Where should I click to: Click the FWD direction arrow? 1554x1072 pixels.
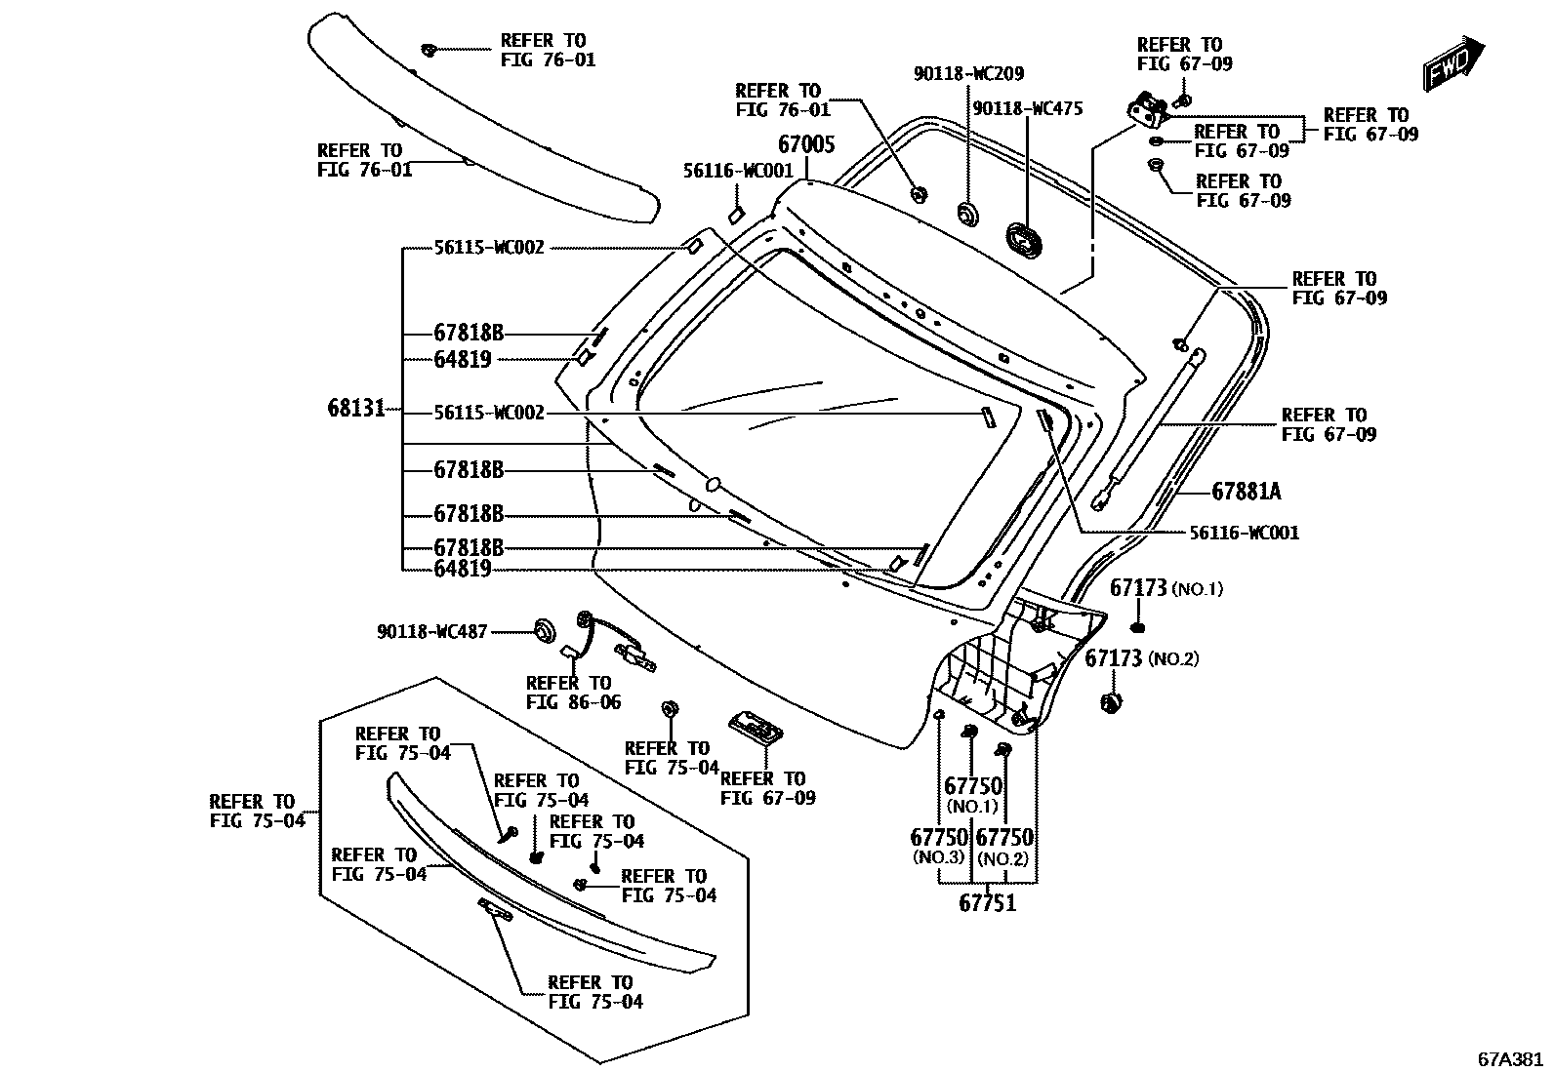point(1452,64)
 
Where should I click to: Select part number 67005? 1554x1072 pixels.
point(806,145)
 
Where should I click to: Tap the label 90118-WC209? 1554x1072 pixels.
point(968,74)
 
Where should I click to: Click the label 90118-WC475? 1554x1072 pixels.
point(1027,109)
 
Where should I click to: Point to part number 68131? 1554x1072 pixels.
point(357,408)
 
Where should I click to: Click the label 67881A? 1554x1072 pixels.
point(1247,492)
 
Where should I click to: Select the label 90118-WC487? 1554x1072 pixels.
point(431,632)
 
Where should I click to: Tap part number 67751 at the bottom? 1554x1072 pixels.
point(987,903)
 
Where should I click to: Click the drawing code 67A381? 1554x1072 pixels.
point(1509,1058)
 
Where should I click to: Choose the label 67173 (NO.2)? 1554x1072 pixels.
point(1141,658)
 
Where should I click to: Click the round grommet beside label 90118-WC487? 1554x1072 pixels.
point(543,629)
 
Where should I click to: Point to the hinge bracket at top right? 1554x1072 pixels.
point(1149,109)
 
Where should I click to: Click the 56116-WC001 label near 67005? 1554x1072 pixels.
point(738,170)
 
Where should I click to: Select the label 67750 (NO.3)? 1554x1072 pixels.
point(938,846)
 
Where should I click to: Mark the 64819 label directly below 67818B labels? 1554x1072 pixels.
point(462,568)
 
